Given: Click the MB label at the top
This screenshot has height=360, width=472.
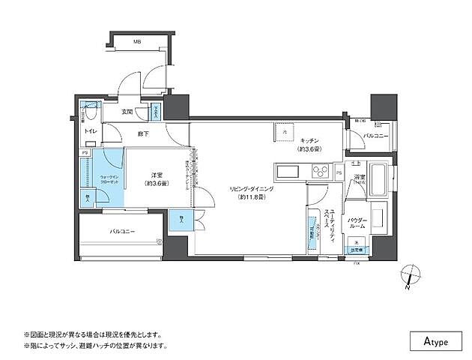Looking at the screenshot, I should point(136,43).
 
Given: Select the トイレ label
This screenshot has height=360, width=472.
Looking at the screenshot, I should point(90,130).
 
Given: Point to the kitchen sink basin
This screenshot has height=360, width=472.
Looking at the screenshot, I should point(288,172).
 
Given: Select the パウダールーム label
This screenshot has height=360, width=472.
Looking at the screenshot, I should point(357,222).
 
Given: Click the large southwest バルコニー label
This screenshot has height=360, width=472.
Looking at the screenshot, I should point(122,232).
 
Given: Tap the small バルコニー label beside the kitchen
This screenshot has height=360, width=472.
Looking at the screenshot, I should point(374,136).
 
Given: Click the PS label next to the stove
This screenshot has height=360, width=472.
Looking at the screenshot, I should point(339,173).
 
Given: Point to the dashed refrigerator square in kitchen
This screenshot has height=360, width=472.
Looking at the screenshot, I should point(285,131).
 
